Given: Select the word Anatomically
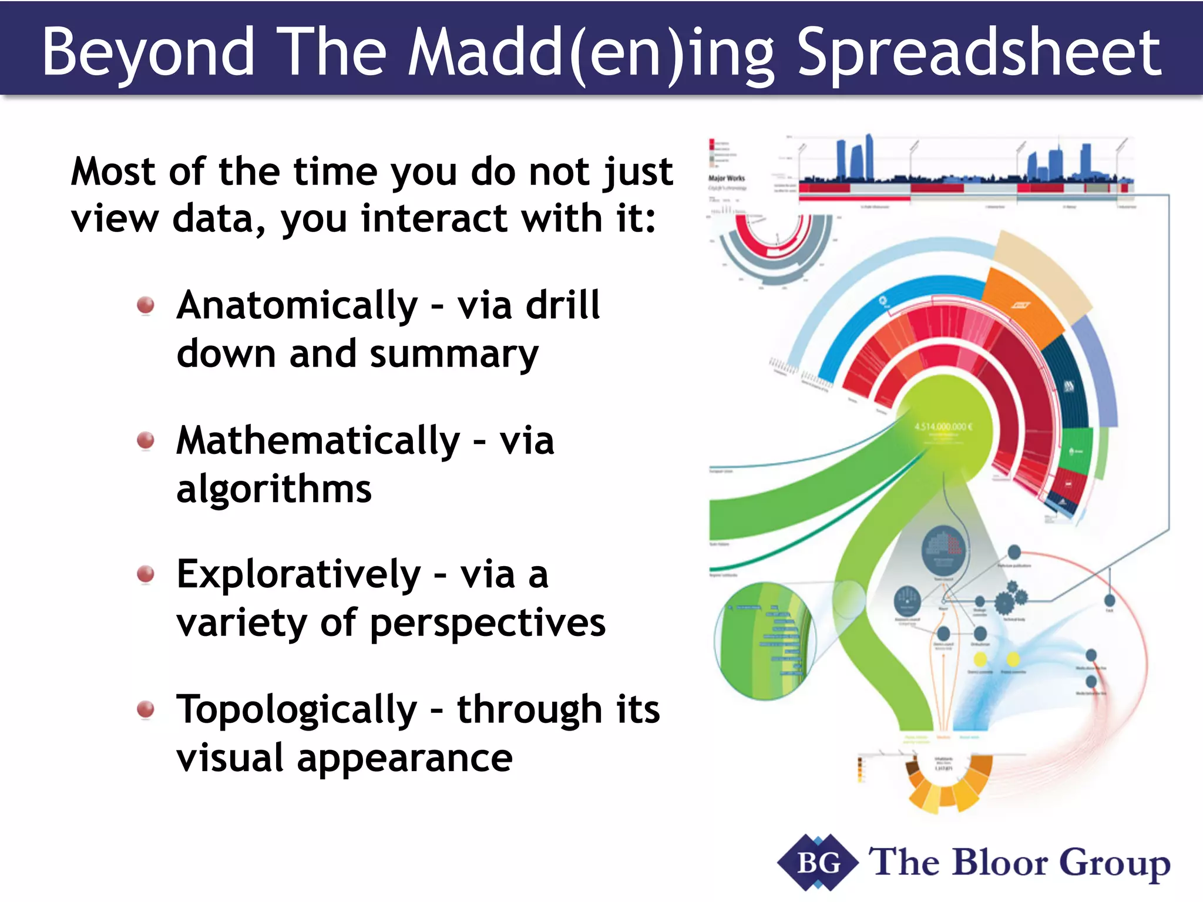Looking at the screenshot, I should [x=297, y=307].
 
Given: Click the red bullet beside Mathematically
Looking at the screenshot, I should [x=145, y=440].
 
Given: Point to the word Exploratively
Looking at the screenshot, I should [x=298, y=575].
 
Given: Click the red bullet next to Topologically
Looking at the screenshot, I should [x=145, y=709].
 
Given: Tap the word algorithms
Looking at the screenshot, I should [x=274, y=489].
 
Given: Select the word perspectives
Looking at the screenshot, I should [x=488, y=623].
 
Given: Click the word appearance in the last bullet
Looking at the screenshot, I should [x=404, y=758].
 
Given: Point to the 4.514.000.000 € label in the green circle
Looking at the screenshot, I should [x=943, y=427].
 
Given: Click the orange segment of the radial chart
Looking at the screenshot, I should [x=1022, y=305].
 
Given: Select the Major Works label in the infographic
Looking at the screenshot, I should [x=727, y=178].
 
